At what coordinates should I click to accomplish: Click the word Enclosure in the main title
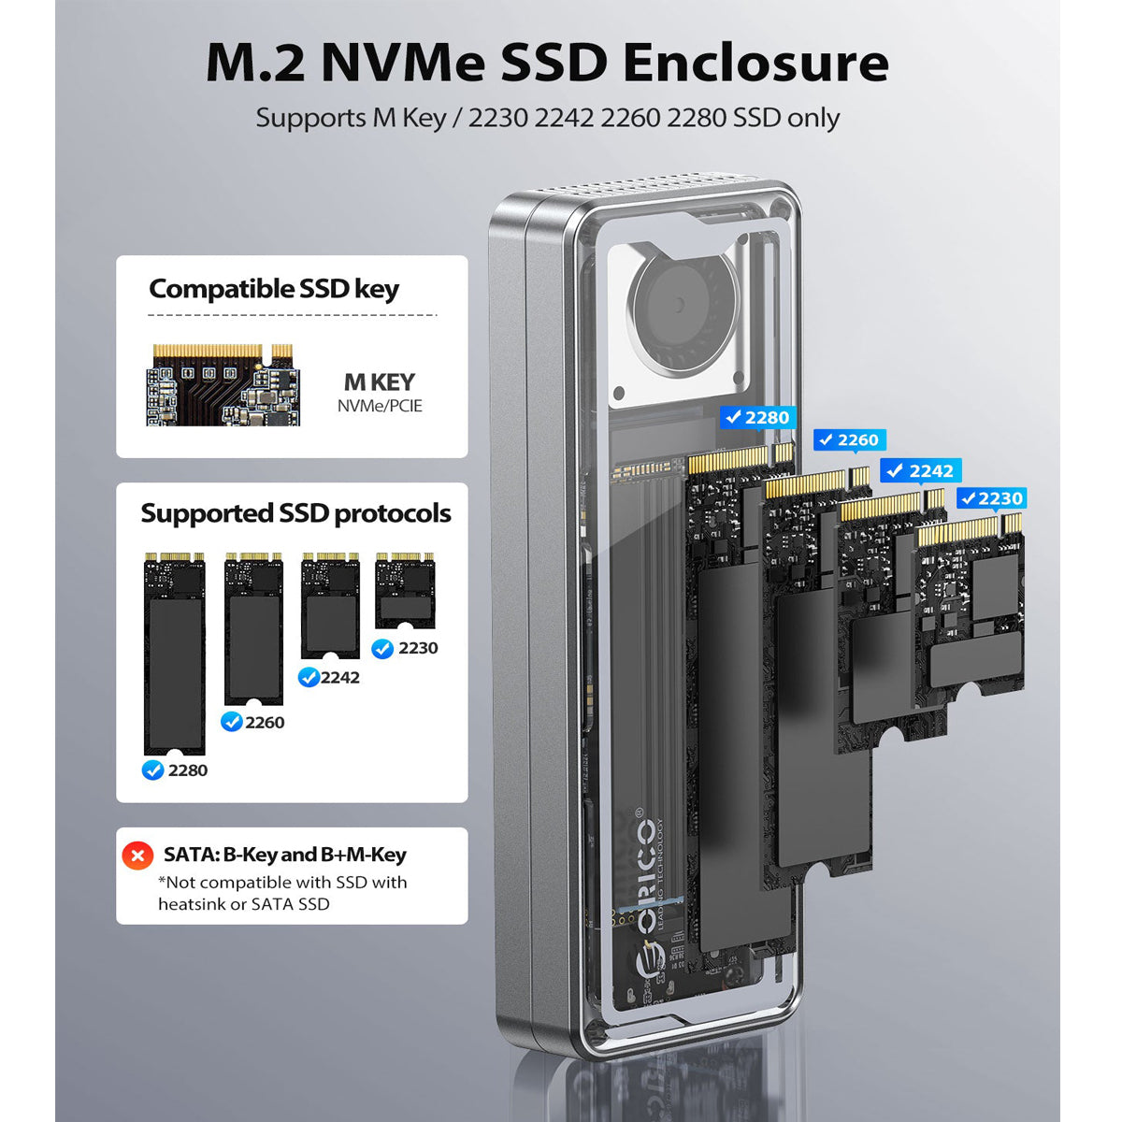click(755, 64)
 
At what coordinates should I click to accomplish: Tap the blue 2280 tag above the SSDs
click(757, 418)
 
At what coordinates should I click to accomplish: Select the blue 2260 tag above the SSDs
click(848, 440)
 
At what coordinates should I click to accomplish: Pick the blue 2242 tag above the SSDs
click(920, 471)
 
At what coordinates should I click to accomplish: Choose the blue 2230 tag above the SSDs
click(991, 498)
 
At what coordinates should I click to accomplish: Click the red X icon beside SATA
click(137, 856)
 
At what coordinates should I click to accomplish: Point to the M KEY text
click(379, 382)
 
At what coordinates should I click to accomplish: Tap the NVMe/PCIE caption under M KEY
click(380, 406)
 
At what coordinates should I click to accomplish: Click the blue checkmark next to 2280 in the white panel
click(152, 770)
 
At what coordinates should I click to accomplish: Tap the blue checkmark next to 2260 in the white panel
click(231, 722)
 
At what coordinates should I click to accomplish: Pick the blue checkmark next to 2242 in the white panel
click(309, 677)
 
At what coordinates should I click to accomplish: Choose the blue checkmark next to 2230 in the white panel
click(382, 648)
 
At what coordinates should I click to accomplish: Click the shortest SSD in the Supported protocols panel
click(405, 591)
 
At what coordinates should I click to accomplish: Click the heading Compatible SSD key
click(274, 289)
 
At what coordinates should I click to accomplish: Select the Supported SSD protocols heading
click(295, 513)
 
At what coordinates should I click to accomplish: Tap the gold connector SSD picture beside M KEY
click(223, 385)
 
